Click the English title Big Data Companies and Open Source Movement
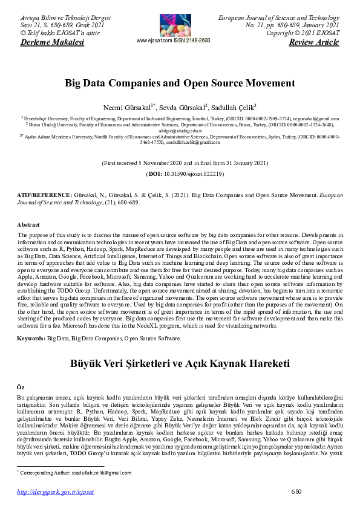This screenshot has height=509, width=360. coord(180,83)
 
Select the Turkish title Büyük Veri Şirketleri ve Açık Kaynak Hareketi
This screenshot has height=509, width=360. coord(180,364)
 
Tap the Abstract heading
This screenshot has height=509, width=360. coord(30,225)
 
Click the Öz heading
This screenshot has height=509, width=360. coord(24,385)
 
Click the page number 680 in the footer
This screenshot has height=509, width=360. coord(296,491)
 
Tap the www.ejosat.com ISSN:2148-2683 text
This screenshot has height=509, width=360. coord(174,41)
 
